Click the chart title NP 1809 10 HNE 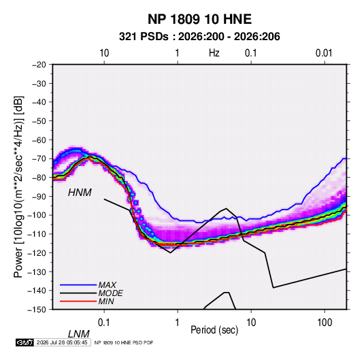199,19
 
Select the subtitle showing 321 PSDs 199,37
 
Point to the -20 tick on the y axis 39,65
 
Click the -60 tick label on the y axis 39,140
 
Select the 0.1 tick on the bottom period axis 104,323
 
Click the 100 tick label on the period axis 325,323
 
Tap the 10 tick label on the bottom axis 251,323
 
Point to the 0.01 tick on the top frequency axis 324,53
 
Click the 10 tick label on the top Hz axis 104,53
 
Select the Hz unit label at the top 214,53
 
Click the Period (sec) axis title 214,330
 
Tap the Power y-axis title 18,187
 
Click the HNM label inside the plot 80,193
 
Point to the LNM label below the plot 78,334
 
